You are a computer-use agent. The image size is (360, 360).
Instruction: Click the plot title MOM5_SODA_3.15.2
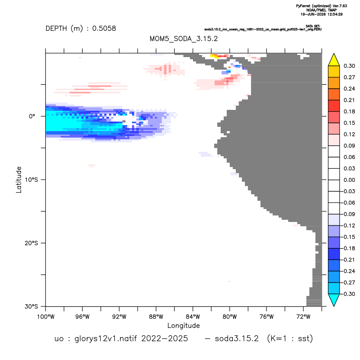coord(183,39)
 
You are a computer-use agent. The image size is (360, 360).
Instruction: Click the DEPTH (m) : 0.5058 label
coord(81,28)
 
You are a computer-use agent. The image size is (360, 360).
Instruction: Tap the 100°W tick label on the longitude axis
coord(46,317)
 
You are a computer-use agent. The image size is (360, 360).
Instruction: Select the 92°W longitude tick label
coord(119,317)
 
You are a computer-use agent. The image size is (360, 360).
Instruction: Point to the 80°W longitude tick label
coord(230,317)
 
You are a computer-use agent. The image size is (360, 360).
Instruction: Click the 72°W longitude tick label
coord(303,317)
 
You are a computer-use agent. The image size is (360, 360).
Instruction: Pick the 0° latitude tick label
coord(32,116)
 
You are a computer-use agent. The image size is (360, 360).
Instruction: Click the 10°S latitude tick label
coord(31,180)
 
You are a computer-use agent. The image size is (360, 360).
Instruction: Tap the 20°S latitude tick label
coord(31,243)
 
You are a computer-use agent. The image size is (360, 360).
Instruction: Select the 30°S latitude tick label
coord(31,306)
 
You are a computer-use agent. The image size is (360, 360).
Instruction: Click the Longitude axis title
coord(183,325)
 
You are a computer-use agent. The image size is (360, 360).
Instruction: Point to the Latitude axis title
coord(19,180)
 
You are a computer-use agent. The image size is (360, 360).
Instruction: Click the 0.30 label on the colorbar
coord(349,66)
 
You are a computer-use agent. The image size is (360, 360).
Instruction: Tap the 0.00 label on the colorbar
coord(349,180)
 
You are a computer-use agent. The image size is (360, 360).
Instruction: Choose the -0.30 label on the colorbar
coord(348,294)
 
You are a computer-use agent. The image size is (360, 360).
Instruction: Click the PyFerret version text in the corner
coord(321,6)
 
